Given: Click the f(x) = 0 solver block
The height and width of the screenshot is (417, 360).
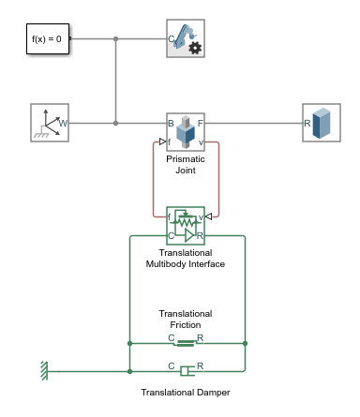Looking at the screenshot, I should [45, 39].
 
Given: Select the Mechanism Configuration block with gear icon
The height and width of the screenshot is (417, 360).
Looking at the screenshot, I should [186, 39].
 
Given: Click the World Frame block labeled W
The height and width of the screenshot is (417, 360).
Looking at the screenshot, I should [50, 123].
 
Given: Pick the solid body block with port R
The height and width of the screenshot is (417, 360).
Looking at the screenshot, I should [322, 123].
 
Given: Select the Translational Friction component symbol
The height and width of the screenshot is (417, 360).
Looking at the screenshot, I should [186, 344].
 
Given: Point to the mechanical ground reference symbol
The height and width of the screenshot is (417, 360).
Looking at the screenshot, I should [43, 372].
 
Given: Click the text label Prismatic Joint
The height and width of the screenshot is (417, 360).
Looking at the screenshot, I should [186, 165].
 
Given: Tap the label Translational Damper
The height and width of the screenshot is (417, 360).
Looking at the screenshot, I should [186, 393].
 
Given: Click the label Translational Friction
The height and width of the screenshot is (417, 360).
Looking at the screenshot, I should [186, 320].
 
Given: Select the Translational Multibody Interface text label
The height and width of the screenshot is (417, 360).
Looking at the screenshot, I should [186, 259].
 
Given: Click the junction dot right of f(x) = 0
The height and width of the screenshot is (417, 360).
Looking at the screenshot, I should [115, 39].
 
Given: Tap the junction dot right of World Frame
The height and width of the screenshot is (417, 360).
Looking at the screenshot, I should [115, 123].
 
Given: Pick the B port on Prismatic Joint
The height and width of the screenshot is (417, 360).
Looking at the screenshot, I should [172, 123].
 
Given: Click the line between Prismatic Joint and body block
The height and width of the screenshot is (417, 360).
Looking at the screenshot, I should [253, 123].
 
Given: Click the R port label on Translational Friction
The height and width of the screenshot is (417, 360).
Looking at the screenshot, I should [201, 336].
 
